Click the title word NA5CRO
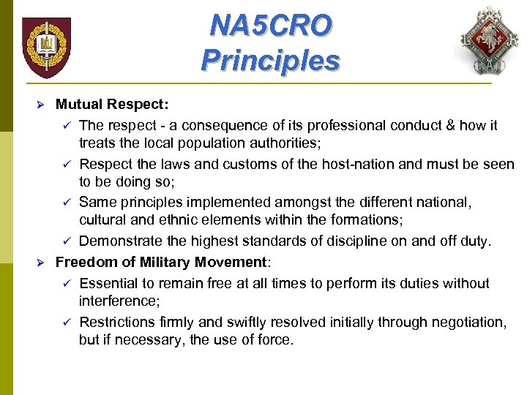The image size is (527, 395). tap(270, 26)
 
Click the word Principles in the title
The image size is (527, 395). tap(270, 59)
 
